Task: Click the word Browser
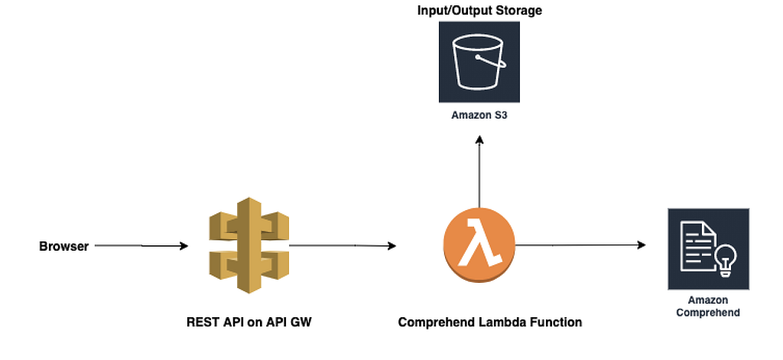click(x=64, y=246)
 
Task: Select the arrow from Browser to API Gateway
click(x=141, y=245)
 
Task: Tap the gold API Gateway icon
click(x=249, y=245)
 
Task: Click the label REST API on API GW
click(x=249, y=322)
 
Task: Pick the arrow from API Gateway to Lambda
click(x=343, y=245)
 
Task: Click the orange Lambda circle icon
click(x=479, y=245)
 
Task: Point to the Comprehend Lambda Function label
click(x=490, y=322)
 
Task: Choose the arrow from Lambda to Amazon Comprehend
click(x=580, y=245)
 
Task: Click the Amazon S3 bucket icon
click(x=479, y=62)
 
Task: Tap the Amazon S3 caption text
click(x=479, y=115)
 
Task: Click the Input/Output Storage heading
click(x=479, y=10)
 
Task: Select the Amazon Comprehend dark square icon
click(x=708, y=248)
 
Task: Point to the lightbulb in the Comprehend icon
click(x=726, y=261)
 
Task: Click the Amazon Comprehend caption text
click(x=708, y=306)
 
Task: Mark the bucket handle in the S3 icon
click(x=492, y=61)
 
